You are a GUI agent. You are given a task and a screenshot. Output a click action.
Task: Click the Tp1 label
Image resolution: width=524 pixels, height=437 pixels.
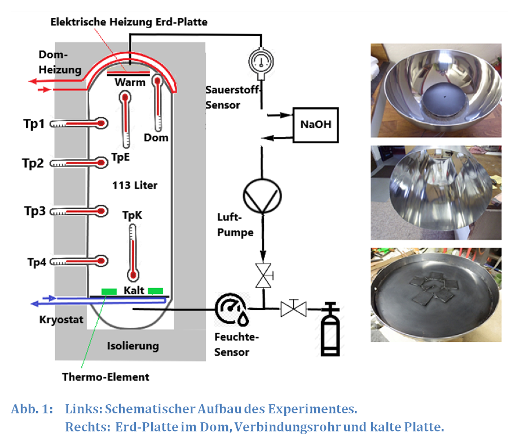click(34, 124)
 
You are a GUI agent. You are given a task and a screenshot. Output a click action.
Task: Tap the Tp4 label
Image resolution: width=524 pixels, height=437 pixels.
click(37, 262)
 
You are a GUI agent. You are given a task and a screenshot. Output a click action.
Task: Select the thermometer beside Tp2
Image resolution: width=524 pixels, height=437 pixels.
click(79, 163)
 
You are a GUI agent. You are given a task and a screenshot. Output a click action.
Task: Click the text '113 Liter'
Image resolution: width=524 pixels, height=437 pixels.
click(135, 185)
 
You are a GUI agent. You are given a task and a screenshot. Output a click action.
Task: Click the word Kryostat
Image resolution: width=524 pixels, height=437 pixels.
click(61, 320)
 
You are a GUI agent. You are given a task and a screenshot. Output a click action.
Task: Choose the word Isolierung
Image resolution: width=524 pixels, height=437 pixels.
click(133, 346)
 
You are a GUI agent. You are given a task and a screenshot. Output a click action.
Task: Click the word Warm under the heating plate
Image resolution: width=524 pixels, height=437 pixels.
click(130, 83)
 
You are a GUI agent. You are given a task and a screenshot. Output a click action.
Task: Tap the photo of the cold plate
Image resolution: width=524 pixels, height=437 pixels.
click(435, 295)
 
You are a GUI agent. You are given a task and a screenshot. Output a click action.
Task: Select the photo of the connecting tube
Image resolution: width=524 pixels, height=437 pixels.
click(435, 193)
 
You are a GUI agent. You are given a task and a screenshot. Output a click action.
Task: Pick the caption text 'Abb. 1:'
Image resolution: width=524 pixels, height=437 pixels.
click(31, 408)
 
